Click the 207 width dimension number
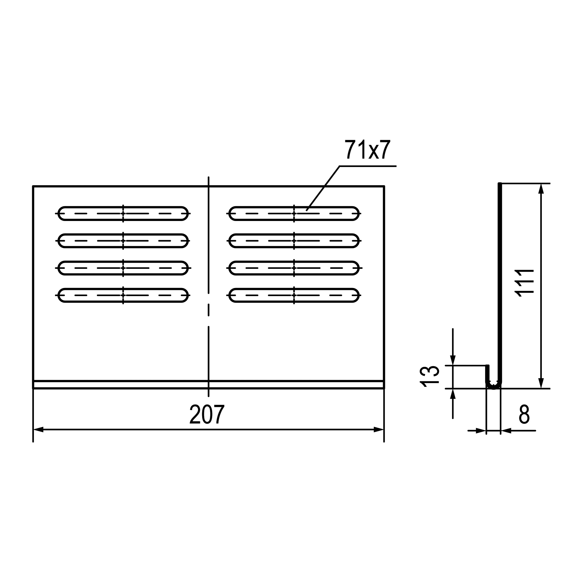207,414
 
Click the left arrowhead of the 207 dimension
39,429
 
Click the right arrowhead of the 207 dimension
378,429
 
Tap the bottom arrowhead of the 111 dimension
541,383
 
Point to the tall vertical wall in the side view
500,270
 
